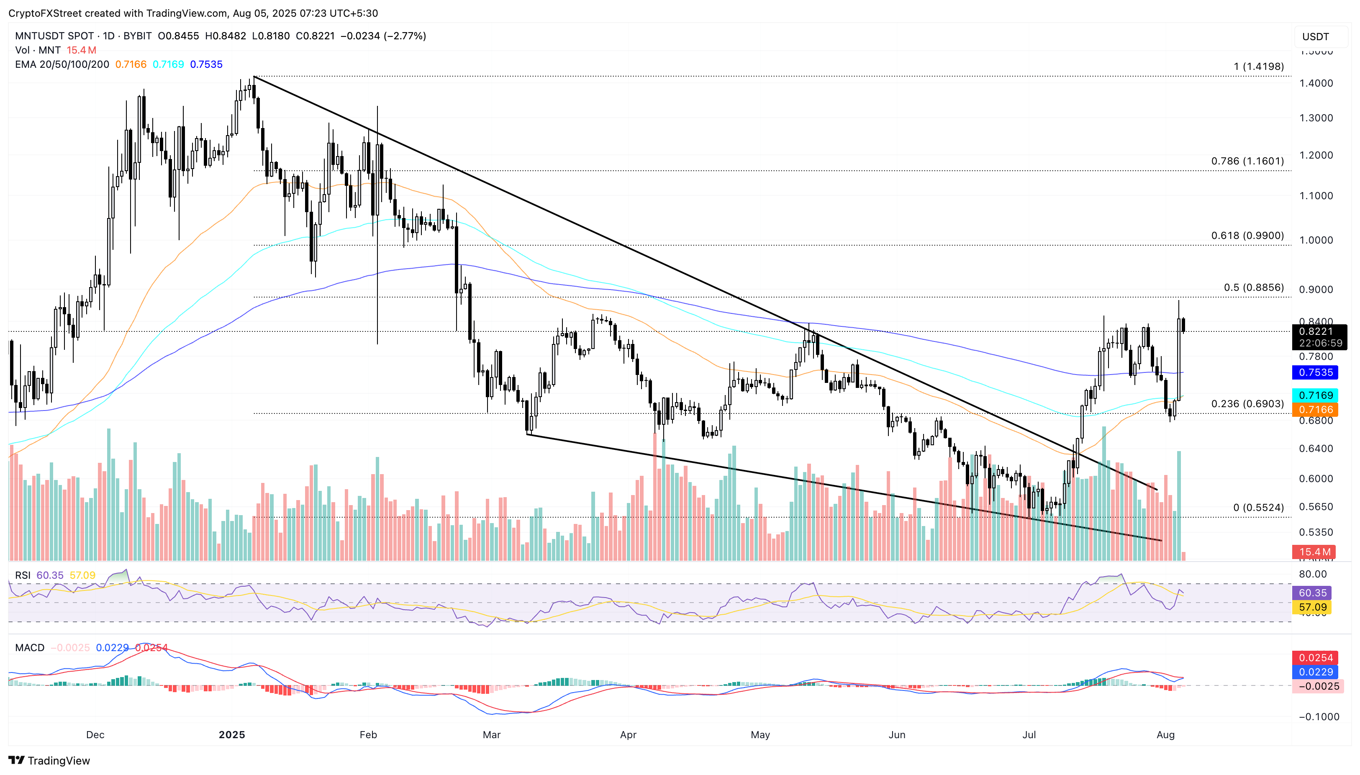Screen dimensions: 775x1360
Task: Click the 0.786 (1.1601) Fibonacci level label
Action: [x=1247, y=161]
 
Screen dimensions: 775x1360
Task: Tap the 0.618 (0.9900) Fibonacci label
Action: [x=1247, y=235]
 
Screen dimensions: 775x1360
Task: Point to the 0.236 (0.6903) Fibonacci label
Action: [x=1247, y=403]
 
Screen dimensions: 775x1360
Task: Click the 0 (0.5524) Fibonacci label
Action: [x=1258, y=507]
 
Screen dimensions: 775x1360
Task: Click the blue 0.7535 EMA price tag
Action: [x=1315, y=372]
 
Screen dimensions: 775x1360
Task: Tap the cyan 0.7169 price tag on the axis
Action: [x=1315, y=395]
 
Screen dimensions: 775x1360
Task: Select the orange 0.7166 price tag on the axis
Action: [x=1315, y=409]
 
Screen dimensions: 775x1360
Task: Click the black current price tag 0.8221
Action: [x=1319, y=331]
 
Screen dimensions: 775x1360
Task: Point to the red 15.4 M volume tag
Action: [x=1315, y=552]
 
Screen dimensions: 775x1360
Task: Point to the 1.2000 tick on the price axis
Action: [x=1315, y=155]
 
